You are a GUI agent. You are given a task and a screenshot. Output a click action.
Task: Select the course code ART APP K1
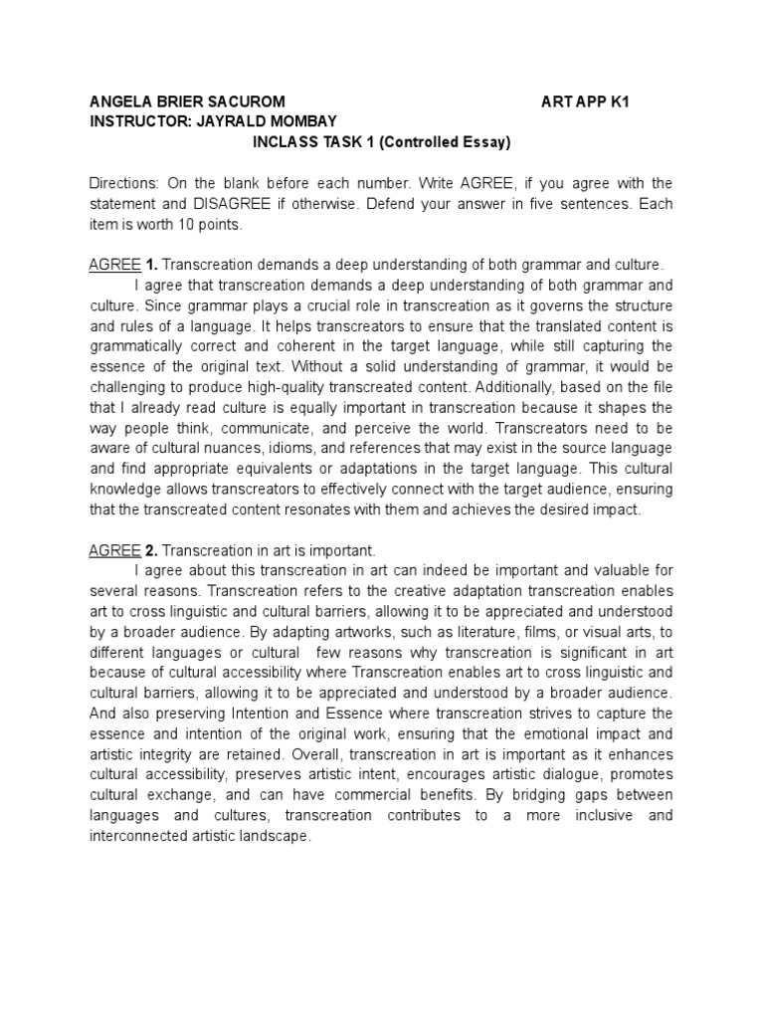click(588, 102)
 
